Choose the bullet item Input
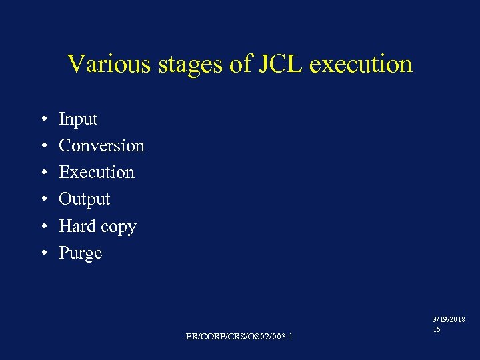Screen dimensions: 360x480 click(78, 119)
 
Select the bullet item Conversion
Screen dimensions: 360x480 click(101, 145)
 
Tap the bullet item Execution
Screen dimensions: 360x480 click(97, 172)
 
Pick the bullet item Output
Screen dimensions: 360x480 click(85, 199)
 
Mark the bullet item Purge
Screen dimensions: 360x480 click(80, 253)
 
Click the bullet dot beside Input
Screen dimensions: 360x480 click(41, 120)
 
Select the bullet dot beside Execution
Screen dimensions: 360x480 click(41, 173)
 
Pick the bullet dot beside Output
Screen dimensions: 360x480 click(41, 200)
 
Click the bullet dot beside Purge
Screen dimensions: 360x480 click(41, 254)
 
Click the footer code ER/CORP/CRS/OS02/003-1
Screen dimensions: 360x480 click(239, 336)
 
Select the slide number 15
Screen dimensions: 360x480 click(437, 330)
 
